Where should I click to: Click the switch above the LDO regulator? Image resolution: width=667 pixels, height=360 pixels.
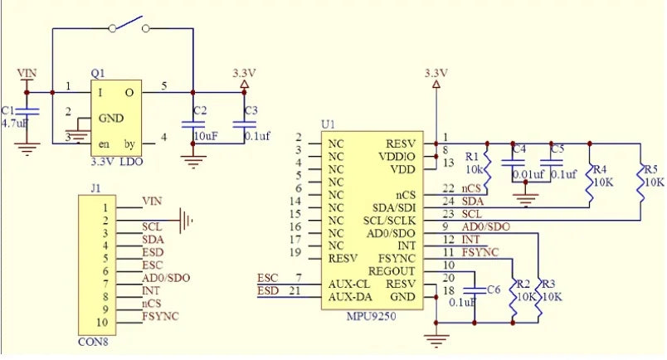click(129, 25)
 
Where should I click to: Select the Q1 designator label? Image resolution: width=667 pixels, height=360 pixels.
click(98, 74)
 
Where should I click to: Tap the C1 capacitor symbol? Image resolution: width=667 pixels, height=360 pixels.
click(27, 111)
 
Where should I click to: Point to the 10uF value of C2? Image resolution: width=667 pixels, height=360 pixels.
click(207, 136)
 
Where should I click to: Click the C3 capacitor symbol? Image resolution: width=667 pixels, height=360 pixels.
click(244, 124)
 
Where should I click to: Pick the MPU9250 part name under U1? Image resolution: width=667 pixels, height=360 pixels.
click(371, 316)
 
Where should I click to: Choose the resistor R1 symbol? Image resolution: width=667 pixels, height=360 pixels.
click(487, 169)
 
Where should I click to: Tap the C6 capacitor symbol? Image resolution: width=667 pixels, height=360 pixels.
click(475, 290)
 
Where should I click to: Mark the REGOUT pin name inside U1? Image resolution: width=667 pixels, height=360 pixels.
click(392, 271)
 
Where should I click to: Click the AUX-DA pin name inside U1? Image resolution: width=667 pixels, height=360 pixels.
click(350, 297)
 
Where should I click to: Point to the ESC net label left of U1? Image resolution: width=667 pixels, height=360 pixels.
click(268, 278)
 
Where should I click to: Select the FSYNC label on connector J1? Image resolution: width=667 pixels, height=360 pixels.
click(160, 316)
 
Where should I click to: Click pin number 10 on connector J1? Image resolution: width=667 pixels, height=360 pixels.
click(102, 322)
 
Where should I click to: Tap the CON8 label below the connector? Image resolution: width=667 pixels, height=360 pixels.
click(93, 342)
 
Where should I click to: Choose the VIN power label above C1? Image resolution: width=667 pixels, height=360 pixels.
click(27, 73)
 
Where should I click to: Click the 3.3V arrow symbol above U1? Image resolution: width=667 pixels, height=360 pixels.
click(436, 85)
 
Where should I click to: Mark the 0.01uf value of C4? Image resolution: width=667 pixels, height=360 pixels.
click(528, 174)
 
